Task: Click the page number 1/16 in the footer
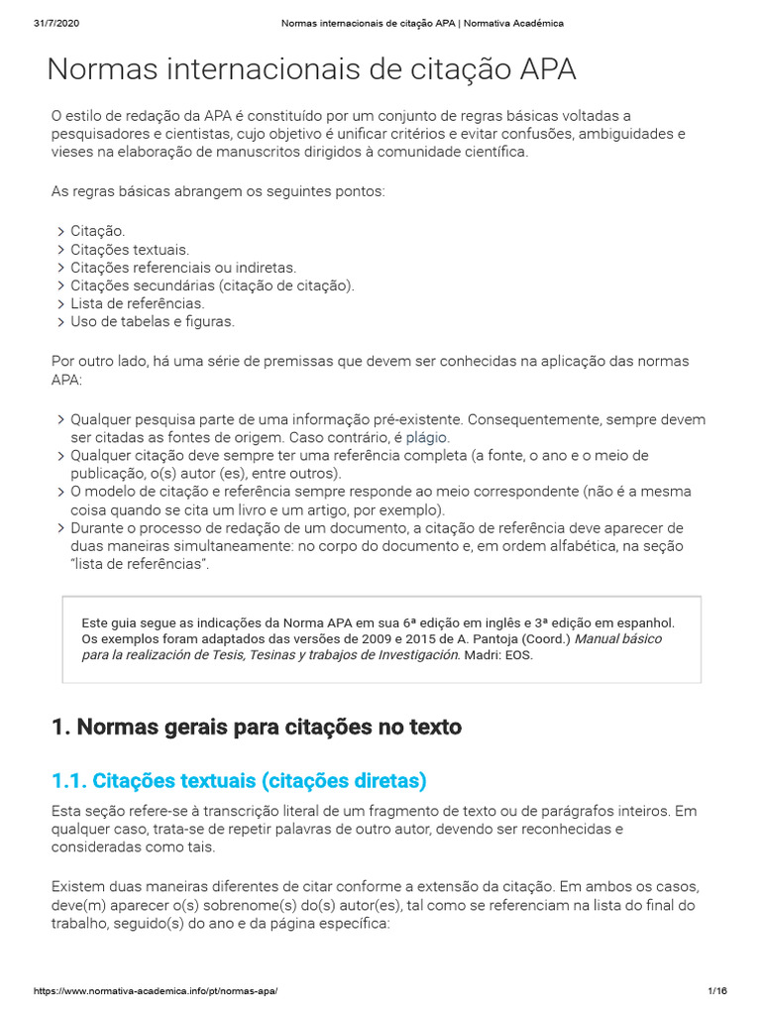pyautogui.click(x=717, y=991)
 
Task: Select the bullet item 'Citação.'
pyautogui.click(x=97, y=231)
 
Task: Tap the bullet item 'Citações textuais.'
pyautogui.click(x=129, y=250)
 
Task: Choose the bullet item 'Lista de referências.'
pyautogui.click(x=137, y=303)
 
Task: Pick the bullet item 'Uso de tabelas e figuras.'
pyautogui.click(x=153, y=322)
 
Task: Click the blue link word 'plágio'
pyautogui.click(x=427, y=437)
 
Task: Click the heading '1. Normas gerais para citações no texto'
pyautogui.click(x=257, y=728)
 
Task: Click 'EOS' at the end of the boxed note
pyautogui.click(x=518, y=656)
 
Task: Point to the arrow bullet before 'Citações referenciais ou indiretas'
pyautogui.click(x=60, y=268)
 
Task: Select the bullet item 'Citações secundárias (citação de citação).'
pyautogui.click(x=212, y=285)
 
